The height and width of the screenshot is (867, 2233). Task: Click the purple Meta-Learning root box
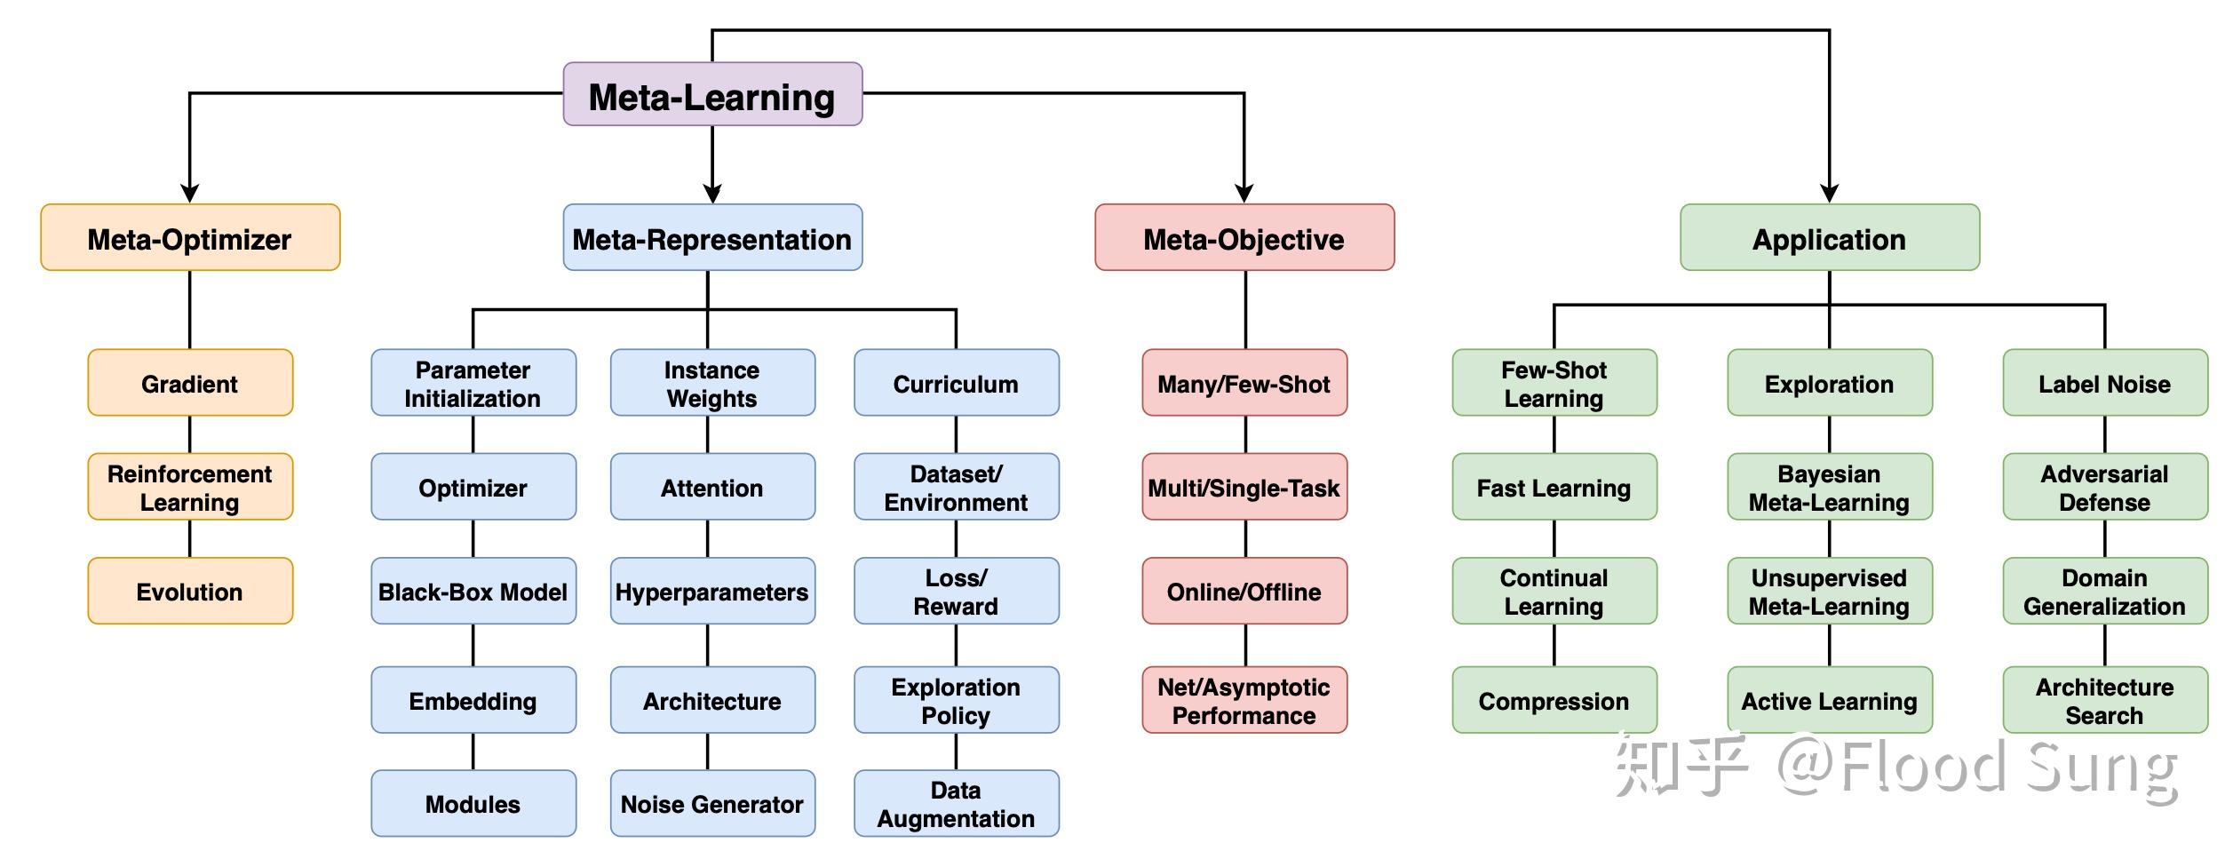pyautogui.click(x=712, y=94)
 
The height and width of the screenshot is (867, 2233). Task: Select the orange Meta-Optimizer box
pyautogui.click(x=190, y=238)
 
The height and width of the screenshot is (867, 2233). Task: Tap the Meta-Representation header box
pyautogui.click(x=712, y=238)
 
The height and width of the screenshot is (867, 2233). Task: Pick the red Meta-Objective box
pyautogui.click(x=1244, y=238)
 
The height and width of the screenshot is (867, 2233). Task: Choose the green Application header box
pyautogui.click(x=1829, y=238)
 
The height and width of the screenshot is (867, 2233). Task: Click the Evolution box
pyautogui.click(x=190, y=592)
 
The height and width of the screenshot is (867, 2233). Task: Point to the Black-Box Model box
pyautogui.click(x=473, y=592)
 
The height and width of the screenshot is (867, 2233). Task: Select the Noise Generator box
pyautogui.click(x=712, y=804)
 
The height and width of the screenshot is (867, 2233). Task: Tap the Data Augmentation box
pyautogui.click(x=956, y=804)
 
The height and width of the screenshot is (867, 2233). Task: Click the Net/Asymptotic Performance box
pyautogui.click(x=1244, y=700)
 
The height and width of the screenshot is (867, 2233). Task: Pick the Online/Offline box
pyautogui.click(x=1244, y=592)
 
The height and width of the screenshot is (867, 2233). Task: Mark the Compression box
pyautogui.click(x=1554, y=700)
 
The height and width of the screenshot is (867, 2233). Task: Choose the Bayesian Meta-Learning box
pyautogui.click(x=1829, y=488)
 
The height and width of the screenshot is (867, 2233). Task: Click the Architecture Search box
pyautogui.click(x=2104, y=700)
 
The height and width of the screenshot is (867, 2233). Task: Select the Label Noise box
pyautogui.click(x=2104, y=384)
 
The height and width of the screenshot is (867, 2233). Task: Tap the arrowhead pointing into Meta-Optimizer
pyautogui.click(x=190, y=194)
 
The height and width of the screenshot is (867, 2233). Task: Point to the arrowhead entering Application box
pyautogui.click(x=1829, y=194)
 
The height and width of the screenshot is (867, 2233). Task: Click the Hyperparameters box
pyautogui.click(x=712, y=592)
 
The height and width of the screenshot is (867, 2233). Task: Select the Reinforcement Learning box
pyautogui.click(x=190, y=488)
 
